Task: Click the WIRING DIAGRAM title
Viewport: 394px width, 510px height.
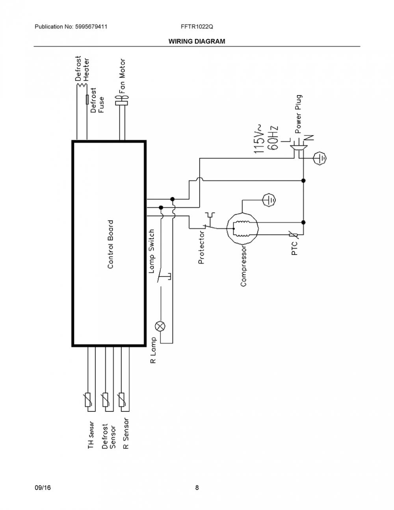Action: click(x=197, y=41)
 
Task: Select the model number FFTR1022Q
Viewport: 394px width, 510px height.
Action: click(x=197, y=27)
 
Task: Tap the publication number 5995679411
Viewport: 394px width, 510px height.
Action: click(x=91, y=27)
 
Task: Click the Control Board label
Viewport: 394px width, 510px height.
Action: click(x=110, y=244)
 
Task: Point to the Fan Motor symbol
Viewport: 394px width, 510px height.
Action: click(x=121, y=100)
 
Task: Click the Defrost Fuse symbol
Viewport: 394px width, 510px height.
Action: click(x=87, y=99)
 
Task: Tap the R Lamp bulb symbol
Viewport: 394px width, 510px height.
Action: click(x=160, y=326)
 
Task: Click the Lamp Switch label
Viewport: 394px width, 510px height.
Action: click(x=152, y=251)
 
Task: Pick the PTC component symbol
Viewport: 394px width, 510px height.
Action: click(x=293, y=235)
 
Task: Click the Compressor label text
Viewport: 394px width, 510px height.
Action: click(x=243, y=266)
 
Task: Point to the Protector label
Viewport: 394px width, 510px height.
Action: click(x=201, y=248)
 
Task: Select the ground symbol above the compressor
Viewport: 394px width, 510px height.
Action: click(x=269, y=200)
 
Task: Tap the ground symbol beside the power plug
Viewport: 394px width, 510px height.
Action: click(x=320, y=158)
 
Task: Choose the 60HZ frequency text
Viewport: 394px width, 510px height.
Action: click(x=273, y=138)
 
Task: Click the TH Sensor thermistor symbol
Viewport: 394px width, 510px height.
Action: click(x=88, y=400)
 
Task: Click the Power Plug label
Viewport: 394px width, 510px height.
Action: click(x=298, y=114)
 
